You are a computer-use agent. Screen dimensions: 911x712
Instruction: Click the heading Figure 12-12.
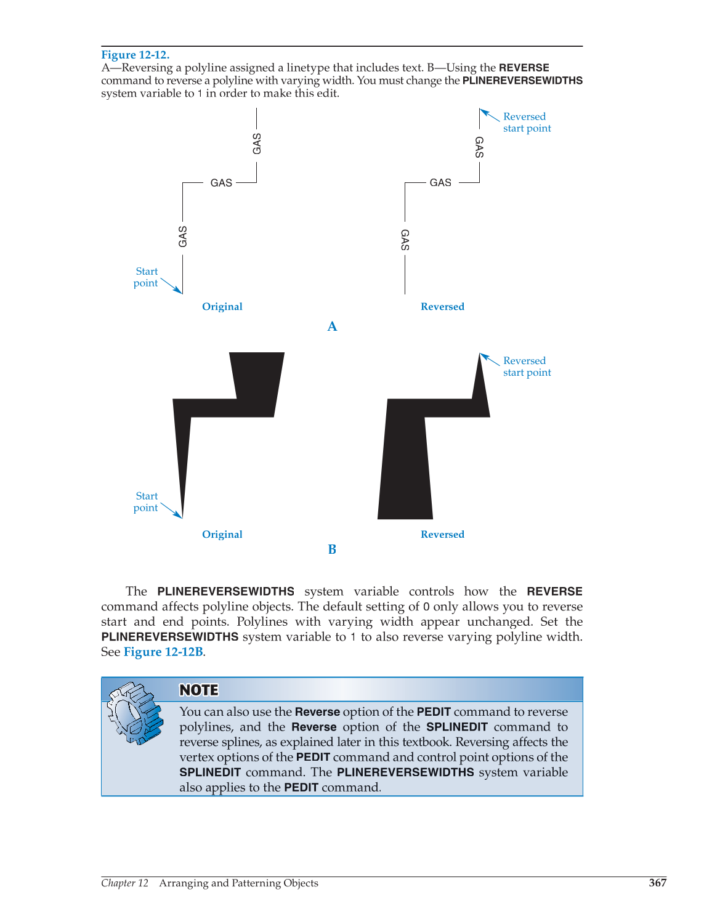pos(135,55)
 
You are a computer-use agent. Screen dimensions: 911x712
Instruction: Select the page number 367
pos(657,883)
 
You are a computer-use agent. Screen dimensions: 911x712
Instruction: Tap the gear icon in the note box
pos(135,713)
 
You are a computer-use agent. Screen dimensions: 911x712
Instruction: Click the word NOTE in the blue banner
pos(198,690)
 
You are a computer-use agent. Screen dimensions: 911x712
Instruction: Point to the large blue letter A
pos(332,326)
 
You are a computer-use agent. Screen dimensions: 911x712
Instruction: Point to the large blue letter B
pos(332,549)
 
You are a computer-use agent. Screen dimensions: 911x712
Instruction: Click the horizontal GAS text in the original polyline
pos(221,183)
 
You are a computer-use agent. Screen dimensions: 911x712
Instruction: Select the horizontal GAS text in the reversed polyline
pos(440,183)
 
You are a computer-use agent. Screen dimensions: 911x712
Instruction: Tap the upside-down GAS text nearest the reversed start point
pos(479,147)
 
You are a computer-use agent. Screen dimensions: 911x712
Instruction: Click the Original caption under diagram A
pos(222,307)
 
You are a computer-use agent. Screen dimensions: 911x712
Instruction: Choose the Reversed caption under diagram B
pos(442,535)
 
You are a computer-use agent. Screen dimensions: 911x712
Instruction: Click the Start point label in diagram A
pos(146,277)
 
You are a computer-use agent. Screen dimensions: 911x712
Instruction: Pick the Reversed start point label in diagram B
pos(526,366)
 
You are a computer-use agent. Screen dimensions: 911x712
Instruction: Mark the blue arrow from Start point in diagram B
pos(171,511)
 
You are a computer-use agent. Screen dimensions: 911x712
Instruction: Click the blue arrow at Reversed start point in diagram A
pos(490,115)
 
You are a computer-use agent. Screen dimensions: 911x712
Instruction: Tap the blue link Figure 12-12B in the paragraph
pos(163,652)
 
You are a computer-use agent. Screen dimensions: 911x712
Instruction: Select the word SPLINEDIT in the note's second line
pos(456,727)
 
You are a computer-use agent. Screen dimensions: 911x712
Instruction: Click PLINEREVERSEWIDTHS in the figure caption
pos(522,81)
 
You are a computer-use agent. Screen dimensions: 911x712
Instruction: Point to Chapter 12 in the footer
pos(125,883)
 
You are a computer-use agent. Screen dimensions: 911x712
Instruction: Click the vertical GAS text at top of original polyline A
pos(257,144)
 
